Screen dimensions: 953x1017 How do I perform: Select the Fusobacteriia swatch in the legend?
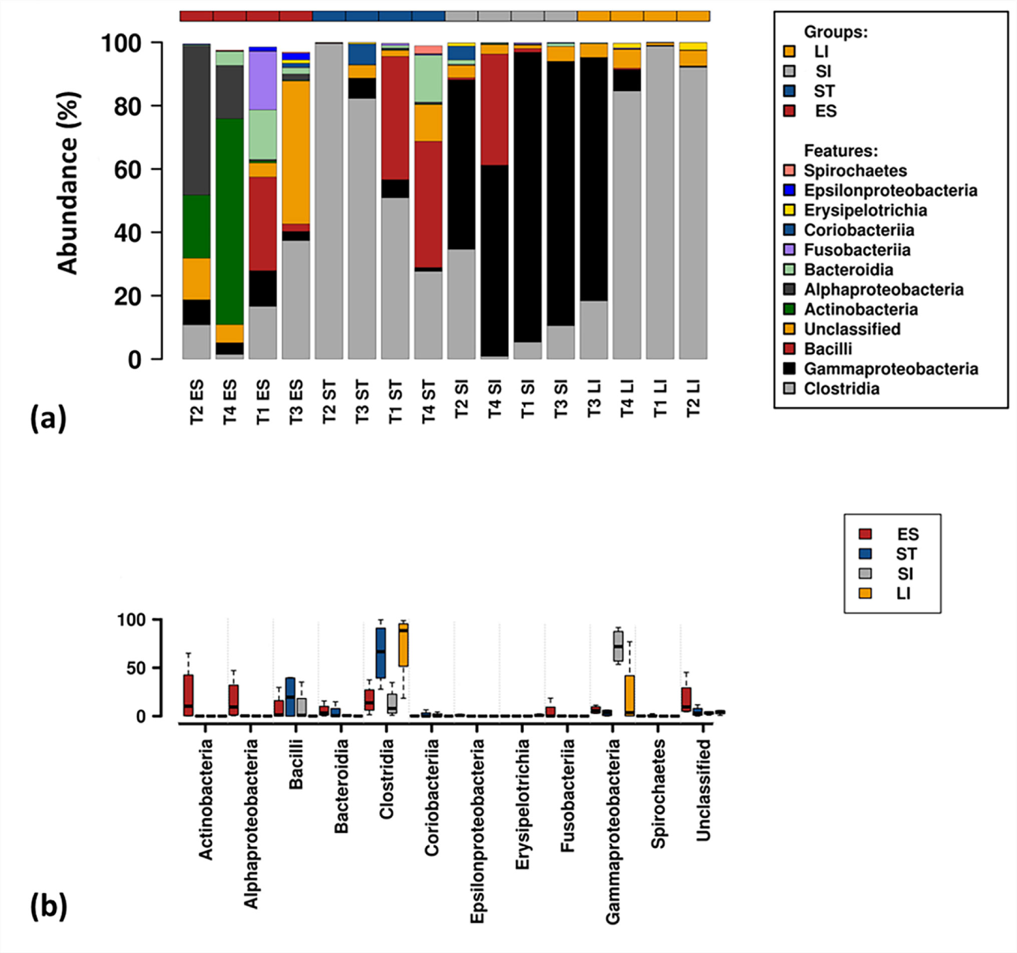[x=789, y=249]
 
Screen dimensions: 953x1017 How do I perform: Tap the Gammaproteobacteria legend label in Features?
[x=891, y=369]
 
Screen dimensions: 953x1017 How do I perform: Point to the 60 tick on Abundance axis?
[x=127, y=170]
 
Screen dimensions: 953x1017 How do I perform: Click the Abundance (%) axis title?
[x=68, y=183]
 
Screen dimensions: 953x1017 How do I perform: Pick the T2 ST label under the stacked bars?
[x=328, y=402]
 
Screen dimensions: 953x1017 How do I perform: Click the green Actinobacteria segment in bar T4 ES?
[x=229, y=221]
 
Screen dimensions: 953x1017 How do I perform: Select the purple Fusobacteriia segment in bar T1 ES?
[x=262, y=80]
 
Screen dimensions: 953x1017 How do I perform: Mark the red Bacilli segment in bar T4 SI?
[x=494, y=110]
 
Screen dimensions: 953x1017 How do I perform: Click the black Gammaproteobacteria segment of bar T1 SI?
[x=527, y=197]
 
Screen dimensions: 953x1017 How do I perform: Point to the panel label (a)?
[x=49, y=418]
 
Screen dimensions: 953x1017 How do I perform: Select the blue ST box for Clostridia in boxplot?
[x=381, y=652]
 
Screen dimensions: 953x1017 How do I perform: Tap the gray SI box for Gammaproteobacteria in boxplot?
[x=618, y=646]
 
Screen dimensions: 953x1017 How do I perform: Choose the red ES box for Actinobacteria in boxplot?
[x=188, y=695]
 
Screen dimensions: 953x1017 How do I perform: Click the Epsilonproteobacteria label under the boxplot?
[x=477, y=831]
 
